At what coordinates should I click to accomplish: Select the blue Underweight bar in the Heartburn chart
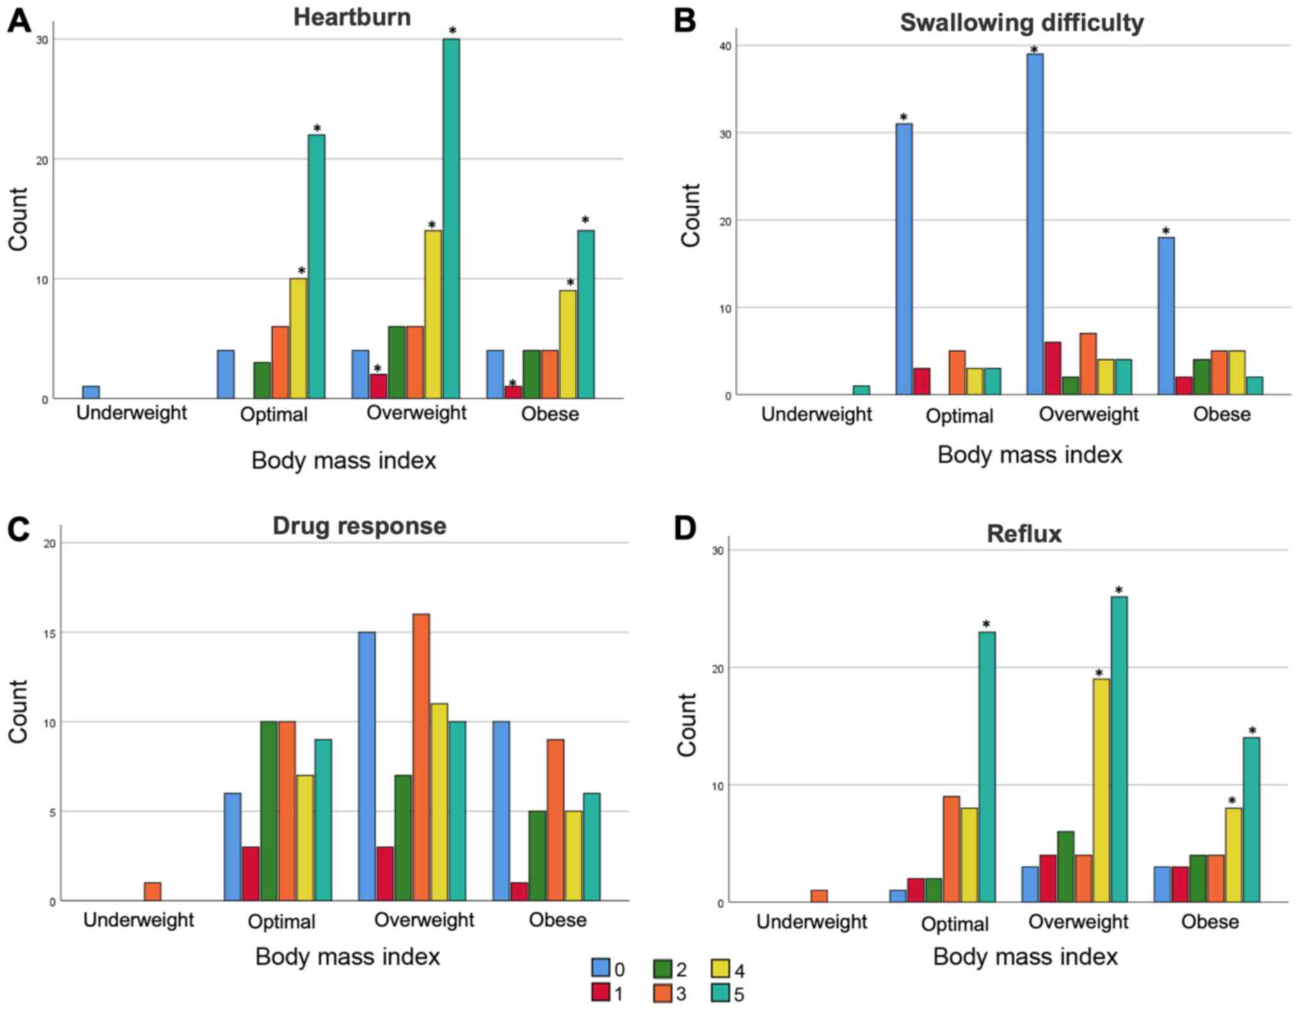point(91,392)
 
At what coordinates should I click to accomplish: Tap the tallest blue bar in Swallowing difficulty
point(1034,224)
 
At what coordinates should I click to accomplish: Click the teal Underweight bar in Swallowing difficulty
point(861,390)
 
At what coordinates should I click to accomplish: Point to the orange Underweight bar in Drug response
point(152,891)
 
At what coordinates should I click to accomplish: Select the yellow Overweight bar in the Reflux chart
point(1101,790)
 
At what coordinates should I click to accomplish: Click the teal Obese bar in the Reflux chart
point(1251,820)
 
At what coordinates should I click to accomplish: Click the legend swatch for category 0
point(600,967)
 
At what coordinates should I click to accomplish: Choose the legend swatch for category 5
point(721,993)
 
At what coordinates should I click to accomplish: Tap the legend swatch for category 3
point(662,993)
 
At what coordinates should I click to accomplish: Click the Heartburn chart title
point(352,17)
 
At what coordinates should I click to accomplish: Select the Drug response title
point(359,526)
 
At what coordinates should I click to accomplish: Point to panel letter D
point(684,530)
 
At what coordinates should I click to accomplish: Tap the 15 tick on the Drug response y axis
point(49,633)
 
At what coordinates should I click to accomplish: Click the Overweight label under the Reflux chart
point(1078,921)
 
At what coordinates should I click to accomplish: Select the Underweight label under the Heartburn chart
point(131,413)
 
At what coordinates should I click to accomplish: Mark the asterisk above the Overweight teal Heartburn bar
point(453,31)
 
